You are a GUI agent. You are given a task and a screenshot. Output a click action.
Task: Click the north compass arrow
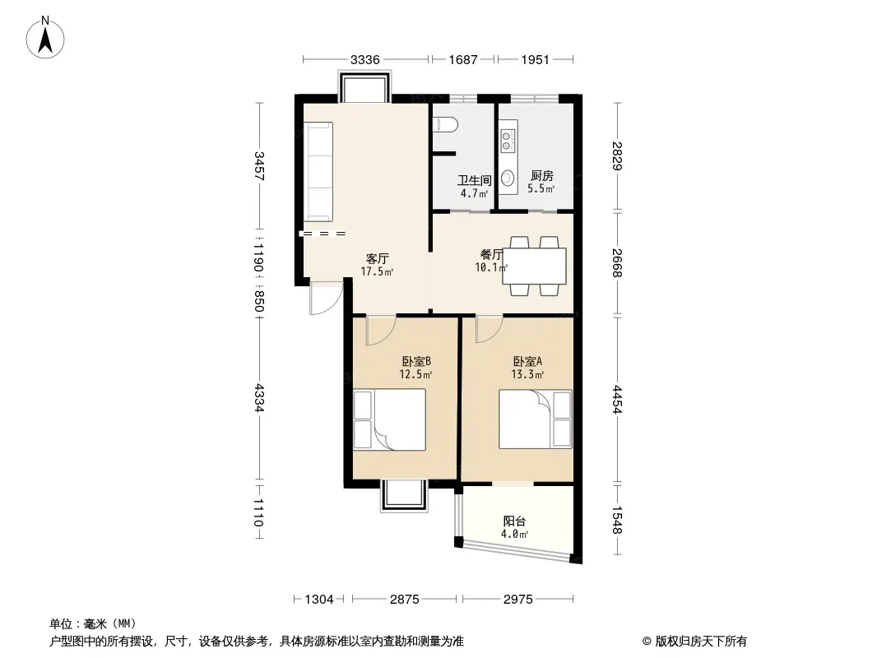tap(45, 40)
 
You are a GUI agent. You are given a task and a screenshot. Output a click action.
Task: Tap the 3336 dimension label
tap(364, 59)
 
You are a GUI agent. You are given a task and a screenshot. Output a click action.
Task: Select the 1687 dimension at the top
tap(462, 59)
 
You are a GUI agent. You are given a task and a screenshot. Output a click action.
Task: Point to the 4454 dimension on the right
tap(617, 399)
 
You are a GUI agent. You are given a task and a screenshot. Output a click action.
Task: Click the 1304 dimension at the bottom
tap(319, 600)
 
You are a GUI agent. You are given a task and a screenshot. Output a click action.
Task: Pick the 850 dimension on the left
tap(258, 301)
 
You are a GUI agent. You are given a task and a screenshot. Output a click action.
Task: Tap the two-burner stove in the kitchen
tap(507, 141)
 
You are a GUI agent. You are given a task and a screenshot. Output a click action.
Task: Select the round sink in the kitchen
tap(508, 178)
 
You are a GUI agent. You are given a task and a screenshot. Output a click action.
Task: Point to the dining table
tap(534, 266)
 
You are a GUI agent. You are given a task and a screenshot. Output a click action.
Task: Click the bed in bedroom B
tap(389, 419)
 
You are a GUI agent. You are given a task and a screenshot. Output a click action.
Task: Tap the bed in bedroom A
tap(536, 419)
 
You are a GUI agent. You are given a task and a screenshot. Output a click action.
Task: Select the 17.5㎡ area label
tap(377, 272)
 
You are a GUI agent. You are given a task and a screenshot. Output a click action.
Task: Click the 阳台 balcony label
tap(514, 521)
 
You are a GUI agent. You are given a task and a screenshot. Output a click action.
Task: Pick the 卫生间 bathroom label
tap(475, 181)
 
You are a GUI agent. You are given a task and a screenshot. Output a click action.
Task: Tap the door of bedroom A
tap(489, 329)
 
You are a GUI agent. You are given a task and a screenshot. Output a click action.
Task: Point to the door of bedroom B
tap(380, 331)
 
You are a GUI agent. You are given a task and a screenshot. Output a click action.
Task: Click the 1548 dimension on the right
tap(617, 520)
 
